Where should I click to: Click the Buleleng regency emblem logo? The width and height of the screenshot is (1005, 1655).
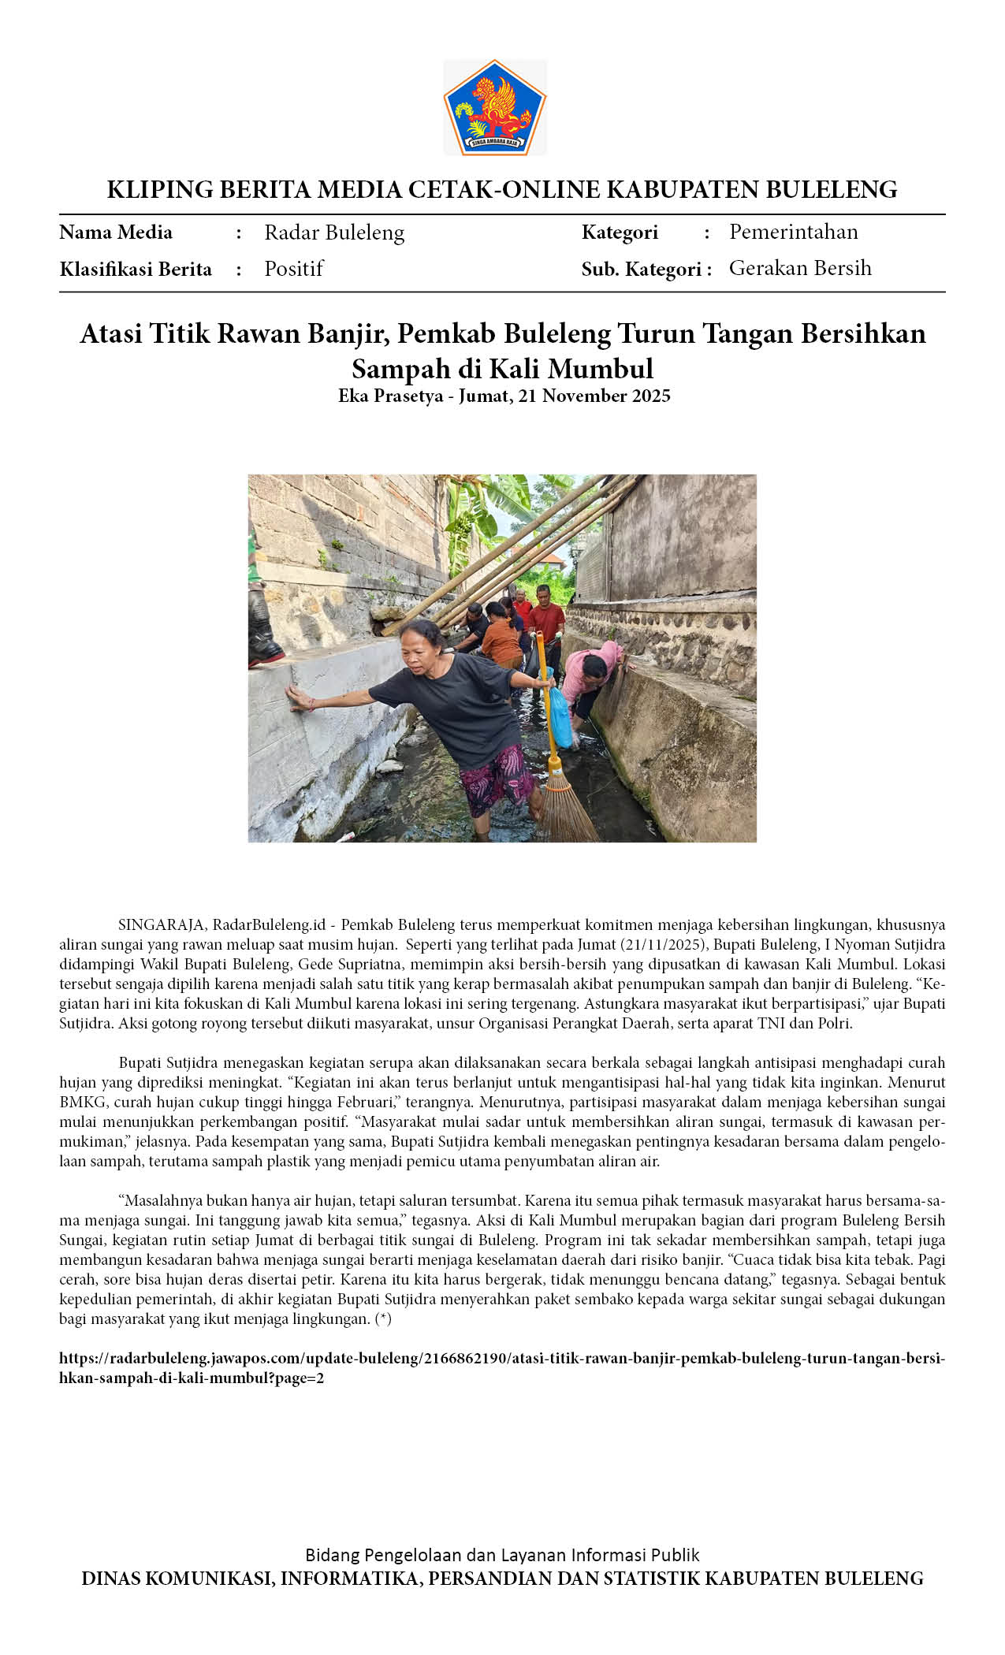(494, 107)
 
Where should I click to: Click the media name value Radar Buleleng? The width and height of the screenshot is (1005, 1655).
(334, 232)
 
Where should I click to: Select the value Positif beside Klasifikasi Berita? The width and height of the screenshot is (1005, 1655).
(294, 269)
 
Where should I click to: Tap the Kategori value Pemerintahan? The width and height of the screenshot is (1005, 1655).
(793, 232)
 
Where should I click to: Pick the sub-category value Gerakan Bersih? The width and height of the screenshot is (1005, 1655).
(800, 268)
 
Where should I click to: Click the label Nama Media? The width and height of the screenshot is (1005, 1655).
(116, 232)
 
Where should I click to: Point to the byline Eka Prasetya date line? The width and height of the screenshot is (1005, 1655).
(504, 396)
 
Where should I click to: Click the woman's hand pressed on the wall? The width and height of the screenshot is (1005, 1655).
(299, 697)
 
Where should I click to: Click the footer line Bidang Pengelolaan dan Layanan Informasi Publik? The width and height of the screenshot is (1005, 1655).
(502, 1555)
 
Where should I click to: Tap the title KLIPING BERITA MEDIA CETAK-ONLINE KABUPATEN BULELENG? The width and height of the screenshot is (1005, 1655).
(502, 189)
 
